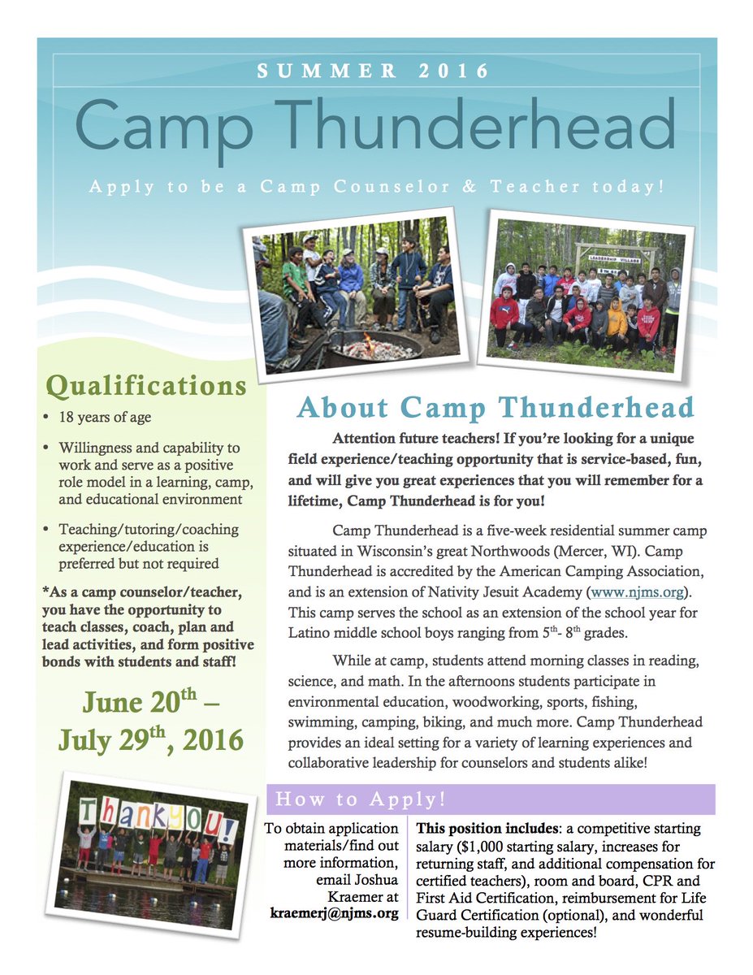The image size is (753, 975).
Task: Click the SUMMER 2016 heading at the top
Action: click(374, 71)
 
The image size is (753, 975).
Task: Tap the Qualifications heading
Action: click(146, 385)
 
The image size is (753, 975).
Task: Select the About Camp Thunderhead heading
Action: click(496, 407)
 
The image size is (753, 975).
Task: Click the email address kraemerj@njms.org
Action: click(334, 912)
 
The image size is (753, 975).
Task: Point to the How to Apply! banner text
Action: click(361, 799)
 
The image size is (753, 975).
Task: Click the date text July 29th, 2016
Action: click(150, 739)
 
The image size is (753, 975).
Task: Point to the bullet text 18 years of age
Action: click(105, 418)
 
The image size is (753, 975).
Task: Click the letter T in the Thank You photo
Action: click(89, 811)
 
